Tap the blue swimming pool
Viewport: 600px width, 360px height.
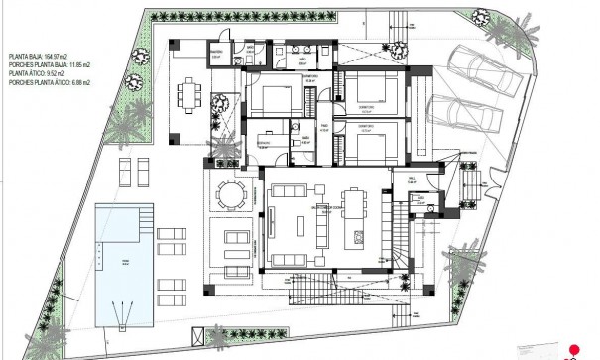coord(124,263)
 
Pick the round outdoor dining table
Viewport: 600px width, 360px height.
coord(233,193)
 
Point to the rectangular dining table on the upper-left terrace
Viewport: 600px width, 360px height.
coord(188,95)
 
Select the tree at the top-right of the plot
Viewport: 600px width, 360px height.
coord(482,16)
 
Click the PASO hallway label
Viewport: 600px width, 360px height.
coord(322,127)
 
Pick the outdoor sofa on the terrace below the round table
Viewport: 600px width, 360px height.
coord(236,239)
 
